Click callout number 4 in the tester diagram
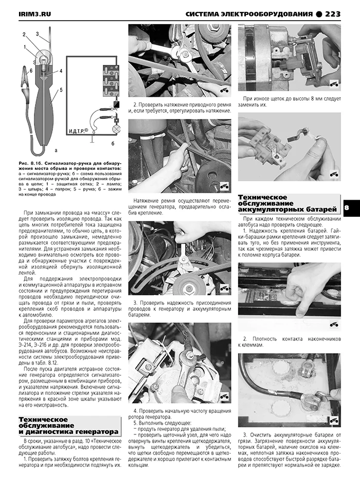pyautogui.click(x=60, y=71)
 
